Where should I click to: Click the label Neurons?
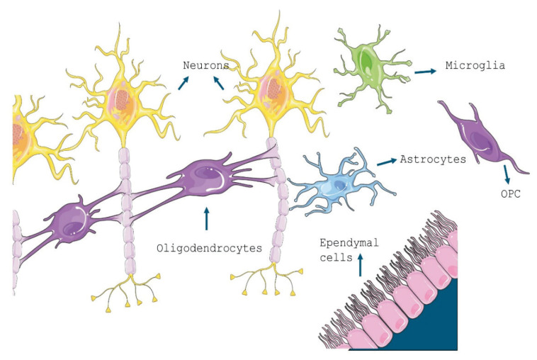coord(206,65)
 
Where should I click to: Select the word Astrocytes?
coord(433,159)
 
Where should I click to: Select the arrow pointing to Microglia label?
coord(425,71)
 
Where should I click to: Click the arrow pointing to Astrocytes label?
coord(386,162)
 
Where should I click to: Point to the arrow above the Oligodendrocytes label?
coord(206,219)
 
